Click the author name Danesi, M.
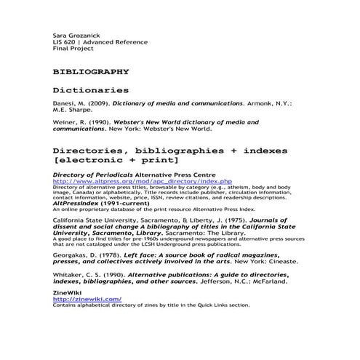(x=71, y=105)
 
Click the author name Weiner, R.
(x=70, y=124)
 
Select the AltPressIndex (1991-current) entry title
(x=108, y=203)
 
